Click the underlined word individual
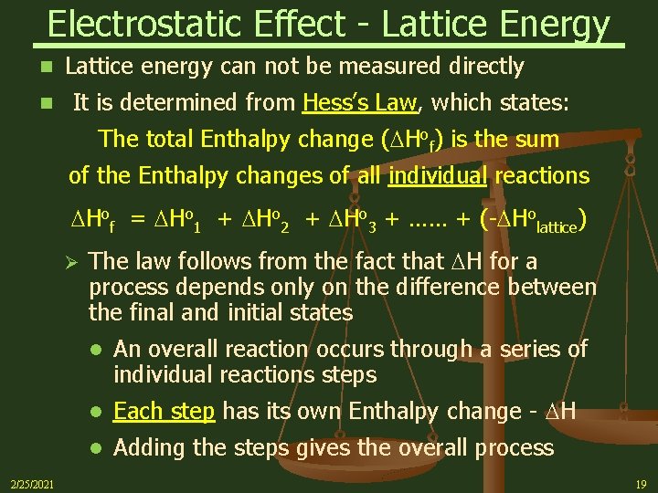438,174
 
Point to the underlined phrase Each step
164,412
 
